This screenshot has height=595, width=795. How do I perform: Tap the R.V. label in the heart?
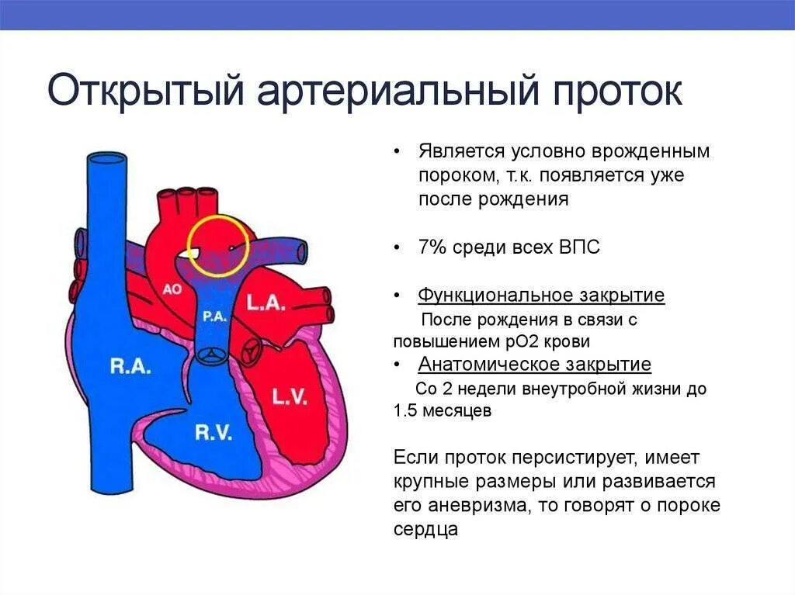pyautogui.click(x=213, y=433)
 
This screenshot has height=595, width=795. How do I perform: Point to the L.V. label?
pyautogui.click(x=290, y=397)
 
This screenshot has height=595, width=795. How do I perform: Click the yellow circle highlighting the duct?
pyautogui.click(x=218, y=245)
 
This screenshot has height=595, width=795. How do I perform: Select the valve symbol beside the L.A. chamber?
pyautogui.click(x=250, y=351)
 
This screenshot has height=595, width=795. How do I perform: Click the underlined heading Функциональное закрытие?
pyautogui.click(x=541, y=296)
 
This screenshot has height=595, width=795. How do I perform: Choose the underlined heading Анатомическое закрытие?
pyautogui.click(x=534, y=365)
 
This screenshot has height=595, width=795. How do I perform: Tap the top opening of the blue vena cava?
pyautogui.click(x=101, y=160)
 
